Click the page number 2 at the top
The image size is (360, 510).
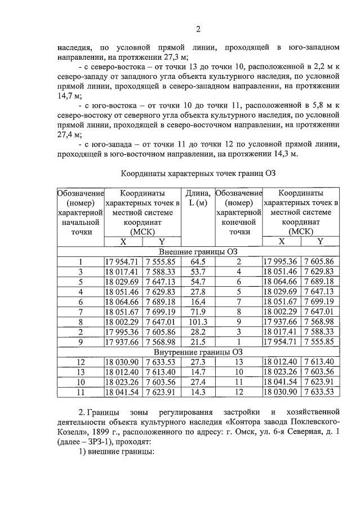coord(198,29)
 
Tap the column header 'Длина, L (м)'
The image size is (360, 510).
coord(198,198)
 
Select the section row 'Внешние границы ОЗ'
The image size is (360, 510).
coord(198,251)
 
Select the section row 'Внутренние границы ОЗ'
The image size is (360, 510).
coord(198,352)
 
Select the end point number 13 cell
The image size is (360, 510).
coord(238,362)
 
